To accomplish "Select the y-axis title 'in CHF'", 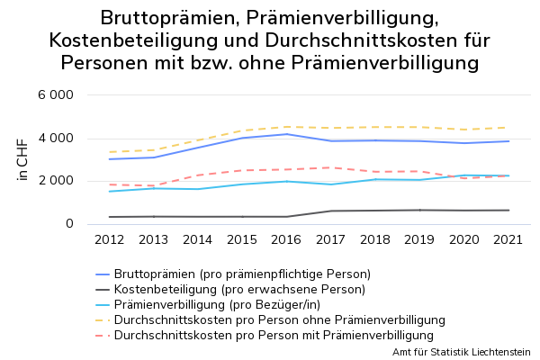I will [x=23, y=159].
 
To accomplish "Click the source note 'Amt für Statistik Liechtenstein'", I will [x=462, y=352].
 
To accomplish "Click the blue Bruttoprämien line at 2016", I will [x=286, y=134].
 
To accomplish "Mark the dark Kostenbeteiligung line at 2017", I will [x=330, y=211].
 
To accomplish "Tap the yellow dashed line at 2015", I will [x=241, y=130].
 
